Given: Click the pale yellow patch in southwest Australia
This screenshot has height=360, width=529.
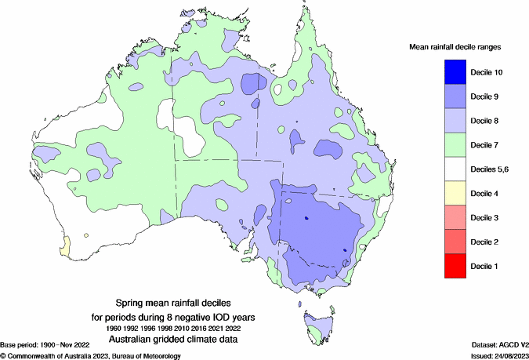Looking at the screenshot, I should click(63, 245).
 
